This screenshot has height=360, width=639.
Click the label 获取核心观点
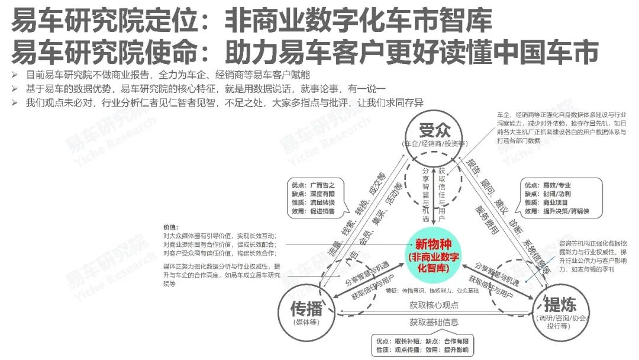pos(434,306)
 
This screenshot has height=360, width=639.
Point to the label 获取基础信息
pos(434,323)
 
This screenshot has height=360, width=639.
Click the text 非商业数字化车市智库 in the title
pos(359,21)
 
